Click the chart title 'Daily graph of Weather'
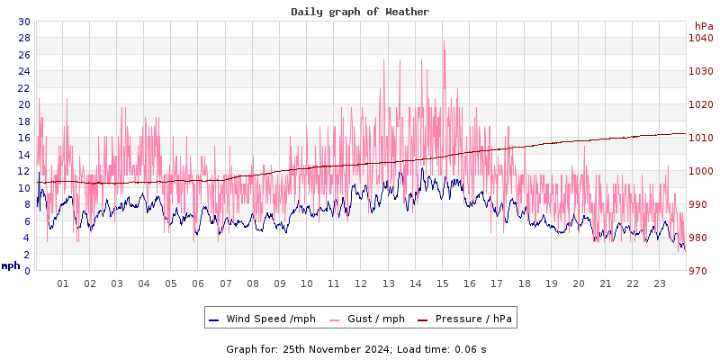click(x=360, y=12)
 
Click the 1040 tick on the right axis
click(x=700, y=38)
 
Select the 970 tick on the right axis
click(x=700, y=271)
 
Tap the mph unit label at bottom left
click(x=11, y=265)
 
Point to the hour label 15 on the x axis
click(x=443, y=283)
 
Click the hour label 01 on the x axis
click(x=63, y=283)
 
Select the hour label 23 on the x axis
click(x=660, y=283)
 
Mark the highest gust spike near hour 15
click(x=444, y=41)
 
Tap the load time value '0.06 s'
click(x=471, y=349)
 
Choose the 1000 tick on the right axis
click(x=700, y=171)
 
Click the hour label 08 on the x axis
click(x=253, y=283)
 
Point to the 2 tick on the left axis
click(x=26, y=255)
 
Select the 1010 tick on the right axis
click(x=700, y=138)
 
